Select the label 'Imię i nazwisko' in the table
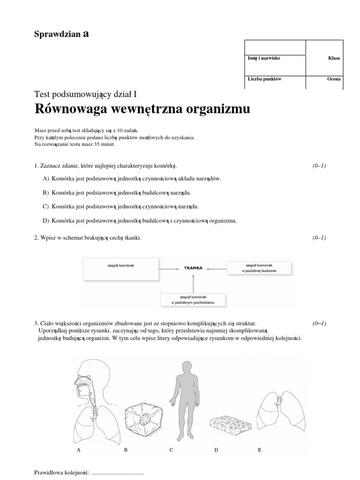point(264,58)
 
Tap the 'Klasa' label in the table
point(334,58)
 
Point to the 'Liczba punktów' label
point(264,79)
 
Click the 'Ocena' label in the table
point(334,79)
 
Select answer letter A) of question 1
point(45,179)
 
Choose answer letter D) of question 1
point(45,220)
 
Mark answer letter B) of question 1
point(45,193)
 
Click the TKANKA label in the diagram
point(193,269)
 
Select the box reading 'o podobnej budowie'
point(259,268)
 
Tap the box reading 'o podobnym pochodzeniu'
point(194,300)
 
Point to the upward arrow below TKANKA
point(193,283)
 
